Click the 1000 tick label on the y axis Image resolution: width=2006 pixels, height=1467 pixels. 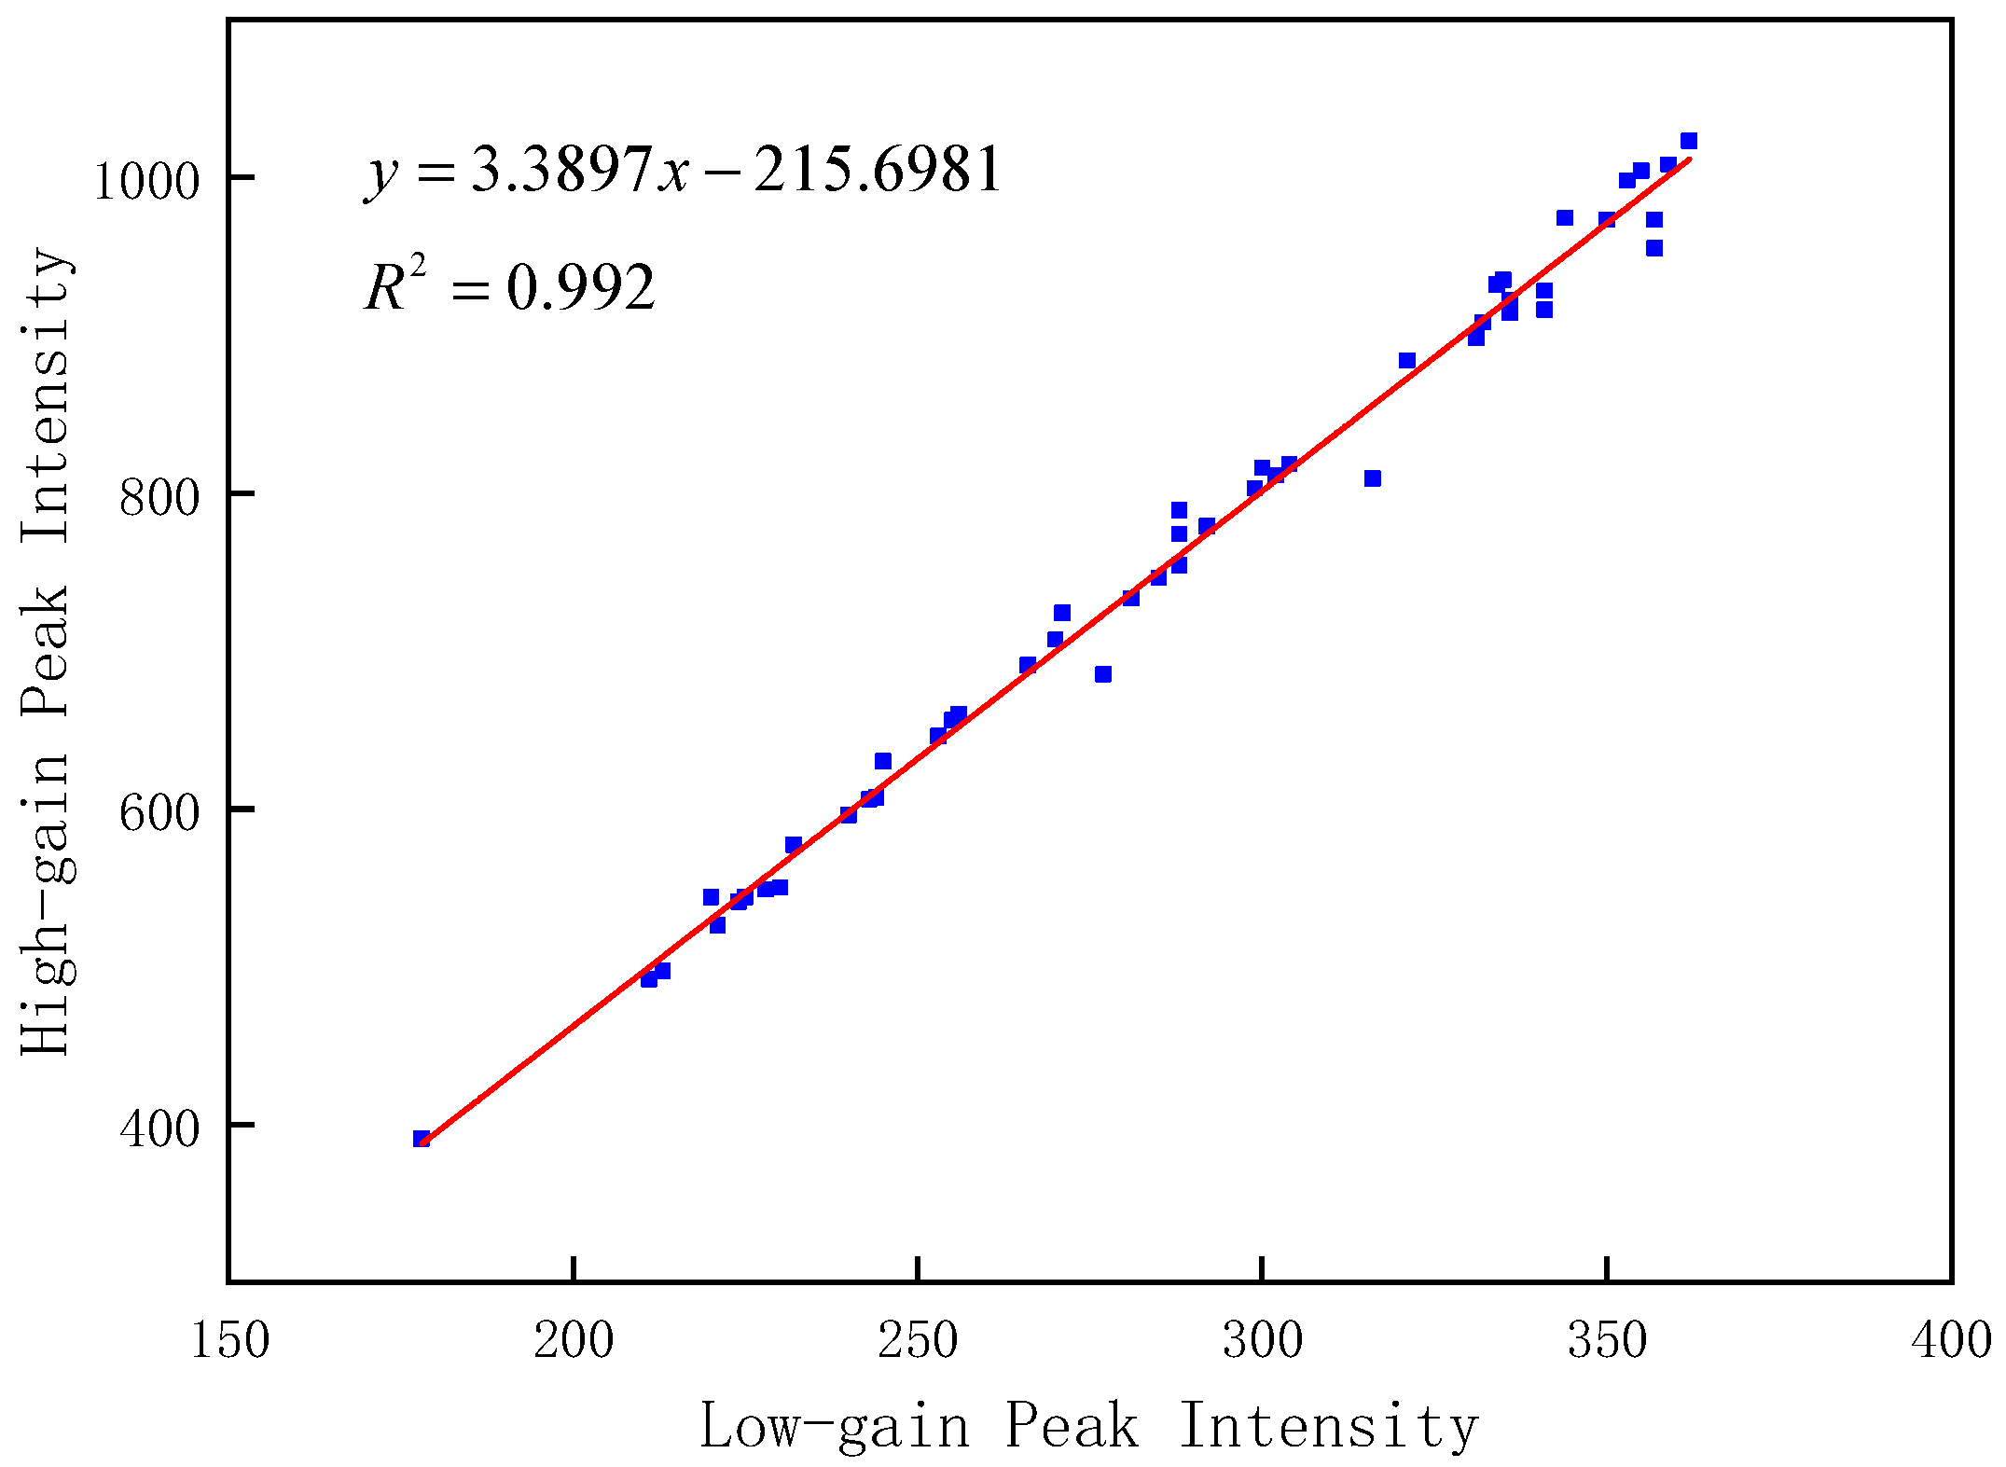(x=146, y=182)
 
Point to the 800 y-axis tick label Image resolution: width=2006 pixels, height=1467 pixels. (x=159, y=498)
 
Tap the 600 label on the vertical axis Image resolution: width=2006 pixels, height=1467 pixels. (x=159, y=813)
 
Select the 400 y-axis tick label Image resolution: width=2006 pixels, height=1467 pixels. (x=159, y=1129)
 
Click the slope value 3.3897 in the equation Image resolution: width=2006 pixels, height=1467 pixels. (x=560, y=171)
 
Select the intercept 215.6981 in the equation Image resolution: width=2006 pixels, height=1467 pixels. (x=877, y=171)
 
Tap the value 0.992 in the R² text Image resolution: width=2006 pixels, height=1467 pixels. (x=580, y=288)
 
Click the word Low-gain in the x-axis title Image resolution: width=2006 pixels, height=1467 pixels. (x=835, y=1425)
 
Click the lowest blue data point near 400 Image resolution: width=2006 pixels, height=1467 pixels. (x=422, y=1139)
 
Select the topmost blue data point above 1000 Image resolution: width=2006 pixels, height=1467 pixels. (x=1688, y=141)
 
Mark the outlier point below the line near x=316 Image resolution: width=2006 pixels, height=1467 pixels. (x=1372, y=478)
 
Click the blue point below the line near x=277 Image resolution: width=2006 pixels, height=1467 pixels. (x=1103, y=674)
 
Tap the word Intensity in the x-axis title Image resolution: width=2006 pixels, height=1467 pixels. (x=1328, y=1425)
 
